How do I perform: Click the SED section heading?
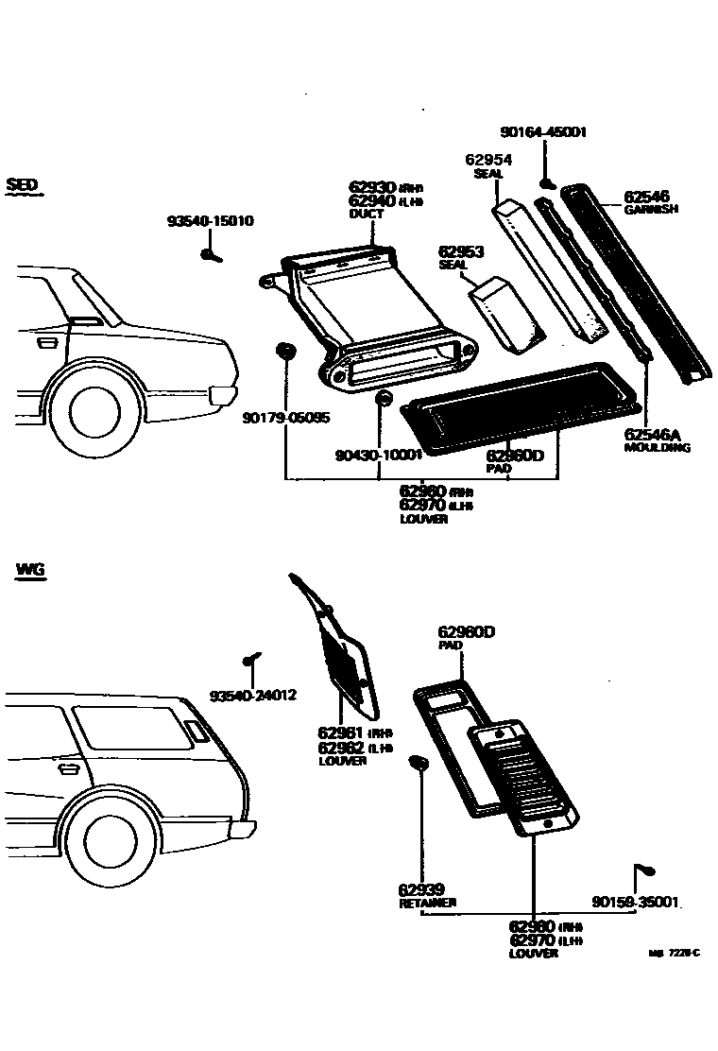tap(23, 184)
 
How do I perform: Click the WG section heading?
tap(30, 570)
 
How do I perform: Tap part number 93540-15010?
tap(210, 222)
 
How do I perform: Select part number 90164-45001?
tap(543, 133)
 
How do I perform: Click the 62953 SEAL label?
tap(460, 257)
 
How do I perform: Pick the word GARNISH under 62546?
tap(651, 210)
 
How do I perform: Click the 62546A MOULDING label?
tap(657, 440)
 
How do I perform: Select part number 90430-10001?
tap(377, 455)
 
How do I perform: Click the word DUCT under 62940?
tap(367, 215)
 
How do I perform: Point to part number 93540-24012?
tap(253, 696)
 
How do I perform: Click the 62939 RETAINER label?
tap(426, 896)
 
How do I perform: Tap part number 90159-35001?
tap(636, 902)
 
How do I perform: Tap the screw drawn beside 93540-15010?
tap(210, 253)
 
